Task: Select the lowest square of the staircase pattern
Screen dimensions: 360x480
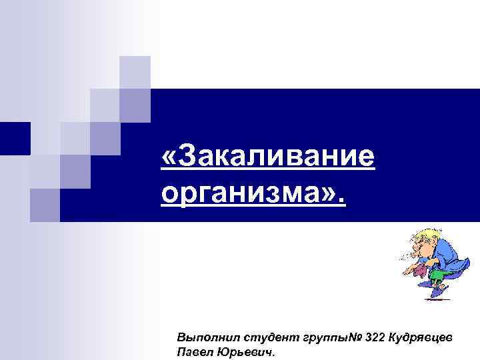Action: (x=45, y=205)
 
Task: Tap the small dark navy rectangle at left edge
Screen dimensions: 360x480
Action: (x=14, y=138)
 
